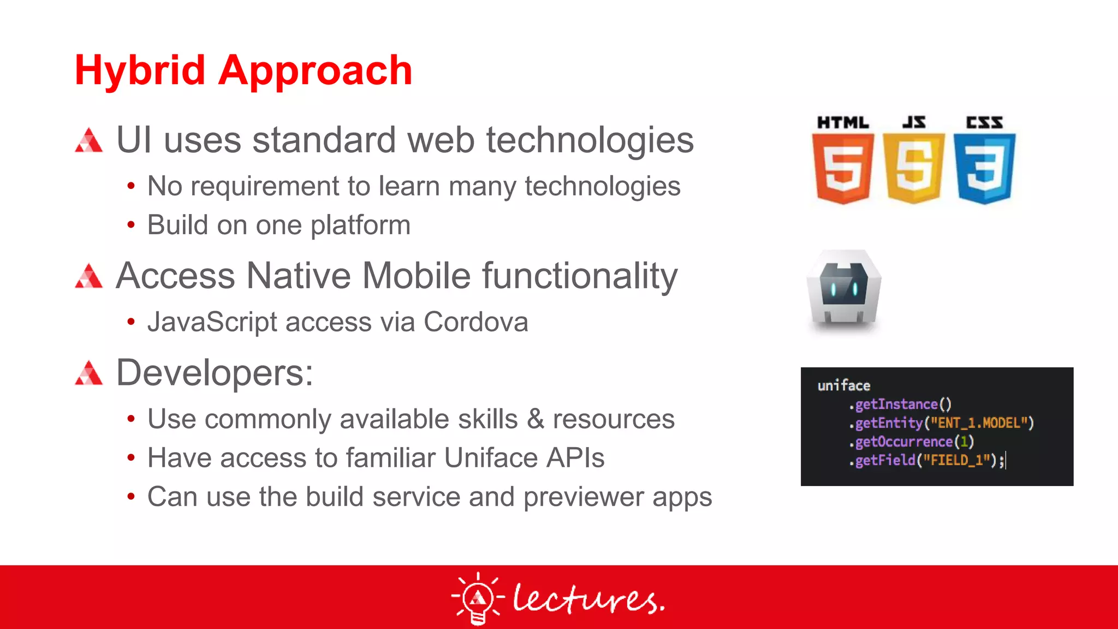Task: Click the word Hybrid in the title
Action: (x=139, y=71)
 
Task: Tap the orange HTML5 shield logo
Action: (x=842, y=168)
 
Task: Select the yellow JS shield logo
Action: (x=913, y=168)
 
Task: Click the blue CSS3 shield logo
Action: (x=984, y=168)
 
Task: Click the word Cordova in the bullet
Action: (x=475, y=322)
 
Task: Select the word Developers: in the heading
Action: (x=215, y=373)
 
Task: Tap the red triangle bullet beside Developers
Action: (x=89, y=373)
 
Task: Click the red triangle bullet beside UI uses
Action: (x=89, y=140)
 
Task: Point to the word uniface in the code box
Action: (x=843, y=385)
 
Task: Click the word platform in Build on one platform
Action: (x=360, y=226)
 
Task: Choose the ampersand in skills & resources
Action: (x=535, y=419)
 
